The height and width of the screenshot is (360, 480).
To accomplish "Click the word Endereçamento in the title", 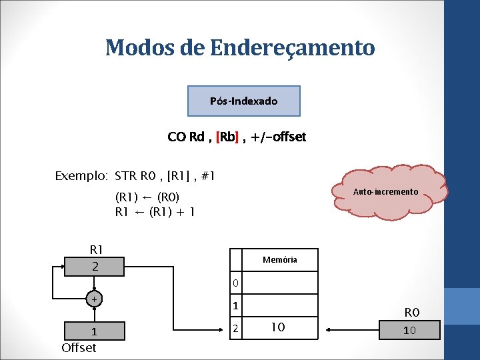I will pyautogui.click(x=291, y=48).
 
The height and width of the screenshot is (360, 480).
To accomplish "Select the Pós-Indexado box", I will pyautogui.click(x=244, y=101).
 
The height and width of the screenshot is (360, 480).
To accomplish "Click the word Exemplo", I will pyautogui.click(x=81, y=177).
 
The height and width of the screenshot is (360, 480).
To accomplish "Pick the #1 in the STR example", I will pyautogui.click(x=207, y=177).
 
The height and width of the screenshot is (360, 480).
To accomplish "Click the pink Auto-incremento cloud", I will pyautogui.click(x=385, y=193).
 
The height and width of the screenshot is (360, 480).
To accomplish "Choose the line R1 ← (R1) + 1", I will pyautogui.click(x=155, y=212).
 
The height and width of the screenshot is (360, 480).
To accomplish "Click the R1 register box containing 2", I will pyautogui.click(x=95, y=266).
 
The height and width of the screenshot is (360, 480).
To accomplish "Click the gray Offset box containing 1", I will pyautogui.click(x=94, y=331).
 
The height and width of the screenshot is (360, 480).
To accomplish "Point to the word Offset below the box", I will pyautogui.click(x=79, y=347).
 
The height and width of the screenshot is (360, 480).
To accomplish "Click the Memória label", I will pyautogui.click(x=280, y=259).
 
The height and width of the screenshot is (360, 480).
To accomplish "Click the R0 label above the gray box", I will pyautogui.click(x=412, y=312).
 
